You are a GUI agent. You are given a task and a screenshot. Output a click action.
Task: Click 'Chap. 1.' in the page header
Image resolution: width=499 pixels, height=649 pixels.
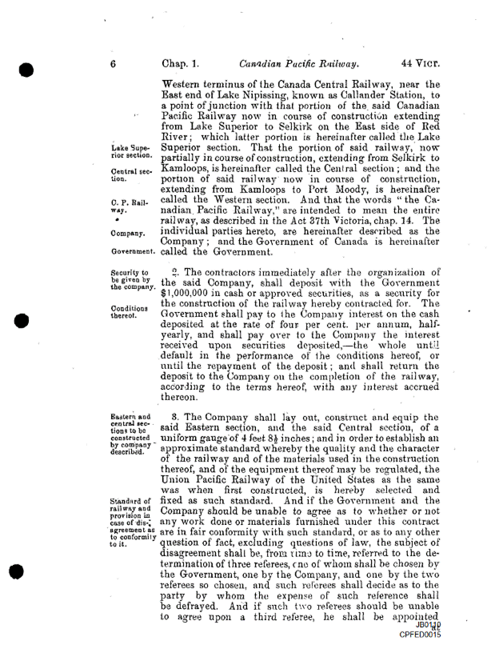(x=181, y=60)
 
